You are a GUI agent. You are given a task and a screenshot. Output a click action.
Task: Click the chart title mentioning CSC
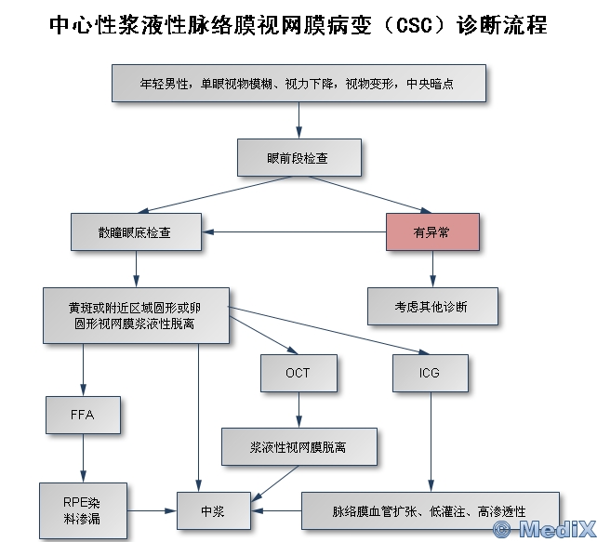click(298, 25)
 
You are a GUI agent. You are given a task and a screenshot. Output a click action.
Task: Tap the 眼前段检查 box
click(298, 158)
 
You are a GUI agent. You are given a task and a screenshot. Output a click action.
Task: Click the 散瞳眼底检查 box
click(136, 231)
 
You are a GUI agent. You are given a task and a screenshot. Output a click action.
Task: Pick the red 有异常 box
click(432, 231)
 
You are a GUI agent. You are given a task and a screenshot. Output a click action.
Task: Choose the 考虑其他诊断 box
click(432, 306)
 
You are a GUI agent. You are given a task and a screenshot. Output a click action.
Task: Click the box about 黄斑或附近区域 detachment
click(136, 315)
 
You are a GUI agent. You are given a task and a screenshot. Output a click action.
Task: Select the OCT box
click(298, 373)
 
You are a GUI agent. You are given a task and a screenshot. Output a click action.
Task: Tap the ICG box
click(430, 373)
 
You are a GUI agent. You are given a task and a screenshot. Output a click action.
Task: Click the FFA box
click(83, 415)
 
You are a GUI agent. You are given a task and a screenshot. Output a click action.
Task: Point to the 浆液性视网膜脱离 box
click(298, 445)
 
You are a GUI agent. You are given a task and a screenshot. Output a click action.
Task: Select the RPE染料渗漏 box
click(83, 510)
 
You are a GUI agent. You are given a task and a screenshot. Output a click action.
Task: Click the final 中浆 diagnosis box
click(213, 511)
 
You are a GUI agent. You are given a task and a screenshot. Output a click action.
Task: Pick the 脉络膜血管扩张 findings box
click(430, 511)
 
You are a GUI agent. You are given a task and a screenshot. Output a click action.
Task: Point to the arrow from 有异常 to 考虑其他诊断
click(432, 269)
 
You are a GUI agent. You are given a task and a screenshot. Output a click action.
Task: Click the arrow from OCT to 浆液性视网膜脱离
click(298, 409)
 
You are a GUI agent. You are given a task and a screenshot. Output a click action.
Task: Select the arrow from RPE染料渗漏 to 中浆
click(153, 511)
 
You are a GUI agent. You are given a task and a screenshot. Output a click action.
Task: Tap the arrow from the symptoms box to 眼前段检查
click(298, 120)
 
